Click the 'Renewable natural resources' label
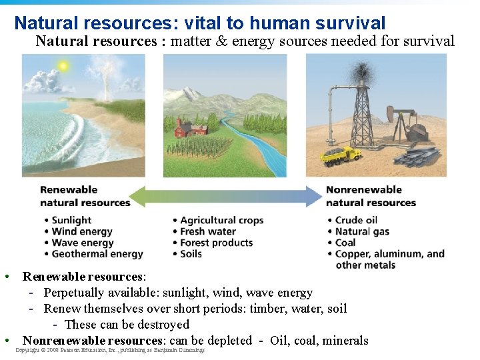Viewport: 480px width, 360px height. [85, 196]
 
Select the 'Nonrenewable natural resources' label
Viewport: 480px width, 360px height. [371, 196]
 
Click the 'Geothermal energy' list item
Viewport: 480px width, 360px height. [97, 254]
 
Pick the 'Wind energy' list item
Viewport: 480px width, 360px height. [82, 231]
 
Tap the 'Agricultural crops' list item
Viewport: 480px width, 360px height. [221, 220]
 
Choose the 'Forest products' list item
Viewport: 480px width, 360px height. [216, 243]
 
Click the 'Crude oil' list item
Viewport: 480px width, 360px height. [356, 220]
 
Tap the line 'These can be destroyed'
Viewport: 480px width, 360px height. [127, 325]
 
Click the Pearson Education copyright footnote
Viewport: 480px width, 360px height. [110, 350]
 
